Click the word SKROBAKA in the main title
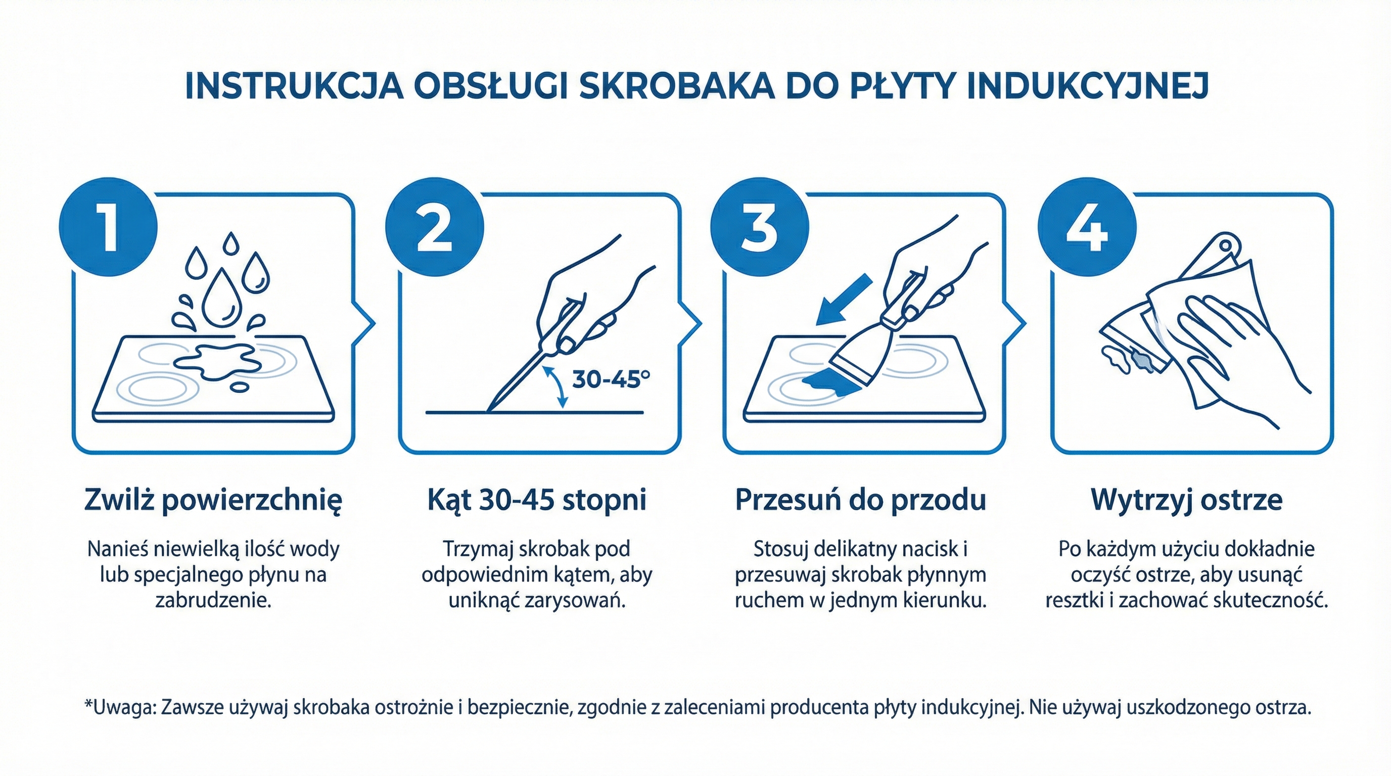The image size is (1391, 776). click(x=677, y=86)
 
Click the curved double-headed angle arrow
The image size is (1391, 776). click(x=555, y=386)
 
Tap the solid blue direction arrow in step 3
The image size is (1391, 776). click(x=844, y=300)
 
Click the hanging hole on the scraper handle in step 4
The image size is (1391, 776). click(x=1226, y=246)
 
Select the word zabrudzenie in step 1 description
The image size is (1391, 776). click(x=213, y=600)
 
